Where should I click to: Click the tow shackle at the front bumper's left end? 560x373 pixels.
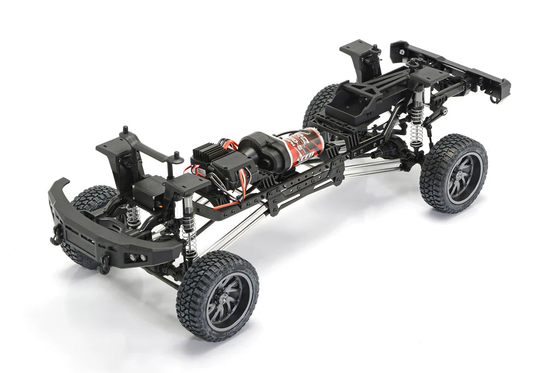tap(56, 236)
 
